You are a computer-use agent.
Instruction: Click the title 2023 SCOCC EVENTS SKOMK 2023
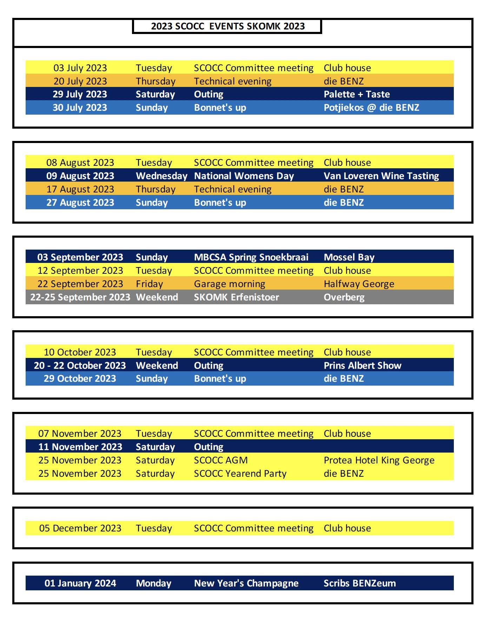pyautogui.click(x=227, y=26)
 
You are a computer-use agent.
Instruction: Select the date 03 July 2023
pyautogui.click(x=80, y=68)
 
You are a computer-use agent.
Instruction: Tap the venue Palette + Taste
pyautogui.click(x=357, y=94)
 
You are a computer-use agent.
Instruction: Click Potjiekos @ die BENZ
pyautogui.click(x=371, y=108)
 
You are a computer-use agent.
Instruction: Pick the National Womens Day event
pyautogui.click(x=244, y=176)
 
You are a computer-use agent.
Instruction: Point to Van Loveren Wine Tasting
pyautogui.click(x=381, y=176)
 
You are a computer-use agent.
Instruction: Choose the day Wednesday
pyautogui.click(x=161, y=176)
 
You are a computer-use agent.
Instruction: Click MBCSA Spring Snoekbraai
pyautogui.click(x=251, y=257)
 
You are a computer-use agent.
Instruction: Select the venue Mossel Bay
pyautogui.click(x=349, y=257)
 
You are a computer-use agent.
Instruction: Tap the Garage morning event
pyautogui.click(x=230, y=284)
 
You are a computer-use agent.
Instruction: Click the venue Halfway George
pyautogui.click(x=359, y=284)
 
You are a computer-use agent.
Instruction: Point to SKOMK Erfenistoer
pyautogui.click(x=236, y=297)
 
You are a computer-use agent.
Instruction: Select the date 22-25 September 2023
pyautogui.click(x=80, y=297)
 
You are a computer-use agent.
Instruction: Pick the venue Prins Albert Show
pyautogui.click(x=362, y=366)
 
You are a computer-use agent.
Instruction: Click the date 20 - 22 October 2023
pyautogui.click(x=80, y=366)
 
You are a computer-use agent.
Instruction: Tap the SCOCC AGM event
pyautogui.click(x=221, y=460)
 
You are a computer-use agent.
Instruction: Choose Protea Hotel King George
pyautogui.click(x=379, y=460)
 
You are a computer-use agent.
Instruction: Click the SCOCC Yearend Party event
pyautogui.click(x=240, y=474)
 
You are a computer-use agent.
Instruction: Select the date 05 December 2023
pyautogui.click(x=80, y=528)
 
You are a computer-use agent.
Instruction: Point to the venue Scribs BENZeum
pyautogui.click(x=359, y=583)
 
